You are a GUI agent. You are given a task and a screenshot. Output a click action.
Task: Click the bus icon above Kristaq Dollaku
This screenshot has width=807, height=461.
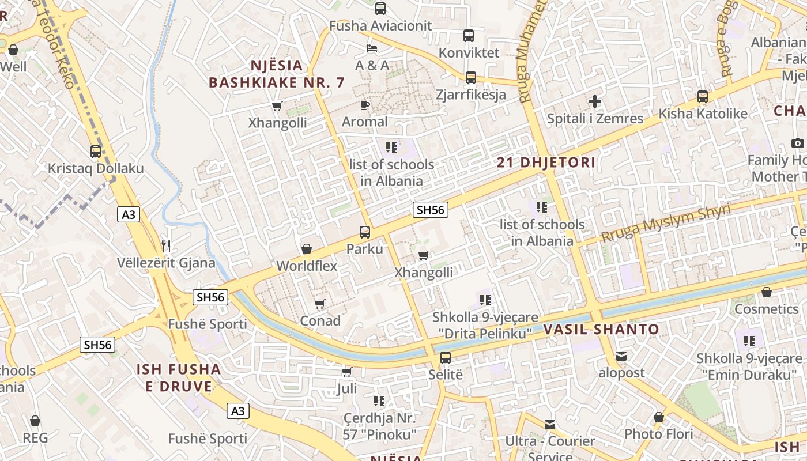(96, 152)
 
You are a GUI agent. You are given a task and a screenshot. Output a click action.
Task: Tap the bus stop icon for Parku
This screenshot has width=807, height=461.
(365, 232)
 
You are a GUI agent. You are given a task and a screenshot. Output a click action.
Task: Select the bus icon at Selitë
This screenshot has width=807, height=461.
(446, 357)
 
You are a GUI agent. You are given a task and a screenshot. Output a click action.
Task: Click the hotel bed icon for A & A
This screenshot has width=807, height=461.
(372, 48)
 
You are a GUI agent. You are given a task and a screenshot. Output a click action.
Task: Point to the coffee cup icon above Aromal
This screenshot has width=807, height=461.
(364, 104)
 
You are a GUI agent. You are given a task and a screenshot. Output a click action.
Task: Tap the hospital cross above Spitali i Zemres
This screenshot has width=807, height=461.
(595, 102)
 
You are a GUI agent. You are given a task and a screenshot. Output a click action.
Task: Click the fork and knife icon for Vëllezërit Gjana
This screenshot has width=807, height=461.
(166, 246)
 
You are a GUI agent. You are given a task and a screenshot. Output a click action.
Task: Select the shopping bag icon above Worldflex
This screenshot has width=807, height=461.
(307, 249)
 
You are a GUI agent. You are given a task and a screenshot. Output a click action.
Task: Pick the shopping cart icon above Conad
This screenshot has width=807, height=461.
(320, 304)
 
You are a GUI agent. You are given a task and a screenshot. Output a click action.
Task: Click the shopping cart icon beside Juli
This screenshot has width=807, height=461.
(346, 372)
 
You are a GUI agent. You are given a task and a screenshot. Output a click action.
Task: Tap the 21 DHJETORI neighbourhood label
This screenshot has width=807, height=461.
(546, 163)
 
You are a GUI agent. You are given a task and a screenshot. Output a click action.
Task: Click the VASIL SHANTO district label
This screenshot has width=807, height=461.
(601, 330)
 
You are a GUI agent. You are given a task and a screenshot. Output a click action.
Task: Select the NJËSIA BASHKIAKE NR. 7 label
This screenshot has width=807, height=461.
(277, 74)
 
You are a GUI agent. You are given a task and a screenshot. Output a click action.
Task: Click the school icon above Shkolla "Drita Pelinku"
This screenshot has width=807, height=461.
(485, 300)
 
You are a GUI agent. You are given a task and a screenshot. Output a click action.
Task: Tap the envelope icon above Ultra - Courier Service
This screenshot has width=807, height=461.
(550, 425)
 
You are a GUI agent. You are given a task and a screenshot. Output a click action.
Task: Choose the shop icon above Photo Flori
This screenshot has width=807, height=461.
(659, 417)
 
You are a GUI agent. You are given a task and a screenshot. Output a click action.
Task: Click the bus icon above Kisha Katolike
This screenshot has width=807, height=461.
(703, 96)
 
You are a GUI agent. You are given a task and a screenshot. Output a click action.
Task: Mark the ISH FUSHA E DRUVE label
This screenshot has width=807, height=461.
(179, 377)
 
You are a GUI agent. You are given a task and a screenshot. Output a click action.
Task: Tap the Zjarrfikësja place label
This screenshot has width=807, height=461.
(471, 95)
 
